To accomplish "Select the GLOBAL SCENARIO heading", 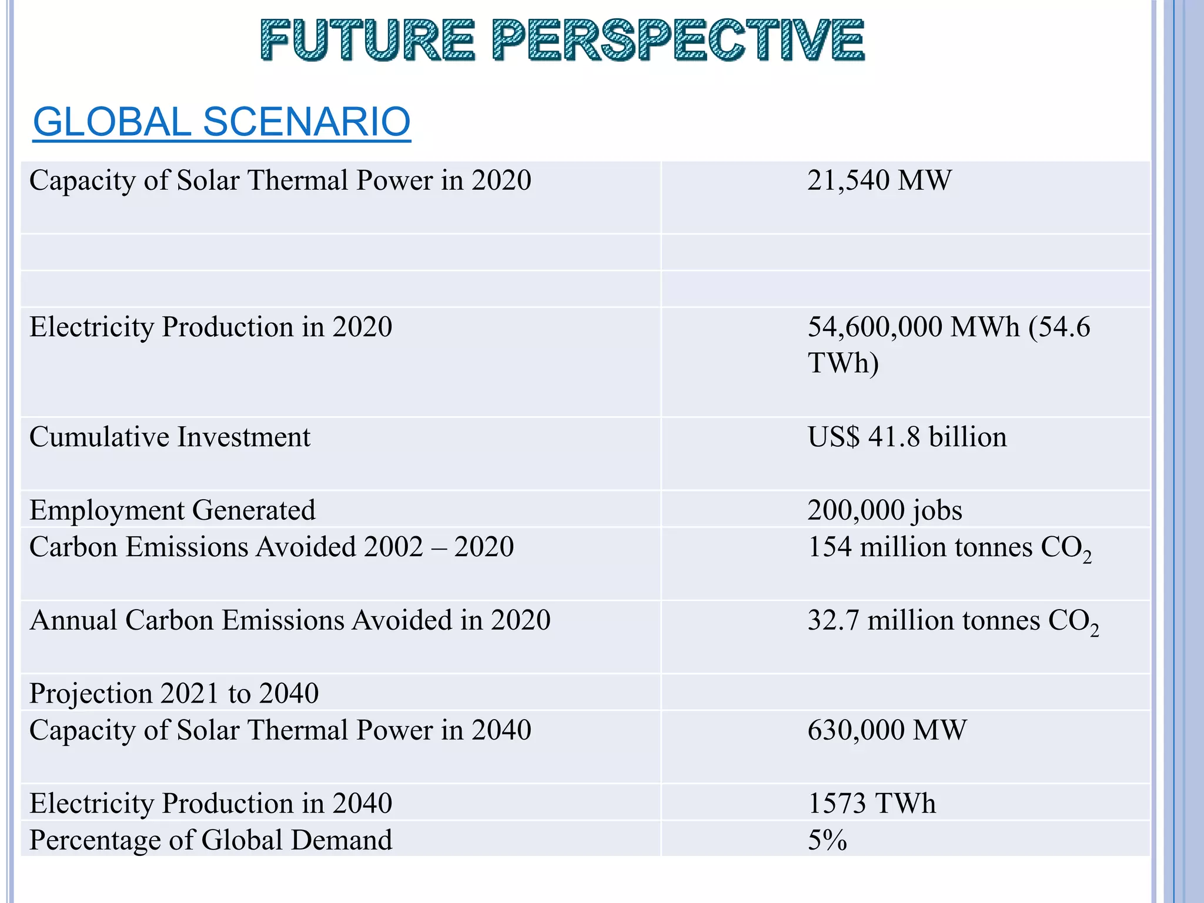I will (222, 122).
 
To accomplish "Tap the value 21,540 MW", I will (879, 180).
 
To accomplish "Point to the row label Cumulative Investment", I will (170, 437).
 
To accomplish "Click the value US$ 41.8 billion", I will (907, 437).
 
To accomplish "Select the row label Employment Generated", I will (172, 510).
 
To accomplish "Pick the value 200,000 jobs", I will (884, 510).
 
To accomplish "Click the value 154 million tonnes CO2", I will (949, 548).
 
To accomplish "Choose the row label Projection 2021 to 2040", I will (174, 694).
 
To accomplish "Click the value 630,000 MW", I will (887, 730).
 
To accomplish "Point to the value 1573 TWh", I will (871, 804).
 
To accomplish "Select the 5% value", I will (827, 840).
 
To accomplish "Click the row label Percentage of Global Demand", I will (210, 840).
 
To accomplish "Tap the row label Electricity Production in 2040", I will (210, 804).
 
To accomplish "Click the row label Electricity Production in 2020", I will (210, 327).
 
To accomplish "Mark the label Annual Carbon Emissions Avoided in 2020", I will (290, 621).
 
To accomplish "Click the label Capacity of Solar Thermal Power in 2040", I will (280, 730).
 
